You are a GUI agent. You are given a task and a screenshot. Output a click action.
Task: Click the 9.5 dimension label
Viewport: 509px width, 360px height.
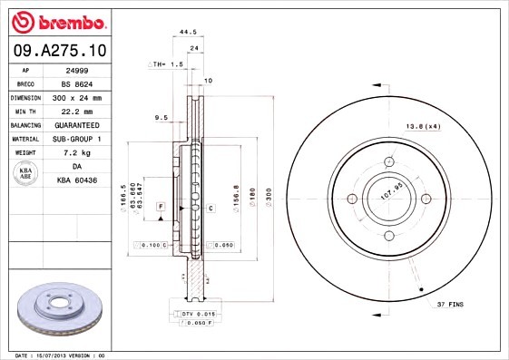coord(162,117)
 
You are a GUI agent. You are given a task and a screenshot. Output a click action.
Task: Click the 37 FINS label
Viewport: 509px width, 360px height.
coord(448,304)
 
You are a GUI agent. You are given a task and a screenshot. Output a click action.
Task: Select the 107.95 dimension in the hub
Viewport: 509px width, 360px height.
coord(390,192)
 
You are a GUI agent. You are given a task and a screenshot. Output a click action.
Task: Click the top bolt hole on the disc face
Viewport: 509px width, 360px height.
coord(389,162)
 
